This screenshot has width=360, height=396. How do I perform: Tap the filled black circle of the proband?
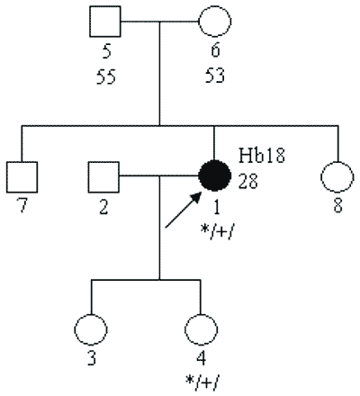tap(215, 175)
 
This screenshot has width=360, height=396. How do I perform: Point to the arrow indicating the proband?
tap(183, 210)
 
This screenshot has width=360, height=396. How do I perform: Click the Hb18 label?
tap(261, 156)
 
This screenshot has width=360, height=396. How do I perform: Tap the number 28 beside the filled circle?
tap(248, 181)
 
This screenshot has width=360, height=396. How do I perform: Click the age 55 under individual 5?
tap(106, 76)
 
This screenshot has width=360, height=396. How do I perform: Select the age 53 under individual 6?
tap(215, 76)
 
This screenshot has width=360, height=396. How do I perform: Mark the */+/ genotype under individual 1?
tap(216, 232)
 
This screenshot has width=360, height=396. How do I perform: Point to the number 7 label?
tap(22, 206)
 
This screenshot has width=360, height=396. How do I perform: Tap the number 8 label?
tap(337, 206)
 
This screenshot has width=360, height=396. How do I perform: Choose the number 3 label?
tap(92, 358)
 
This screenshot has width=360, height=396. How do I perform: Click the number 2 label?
tap(103, 207)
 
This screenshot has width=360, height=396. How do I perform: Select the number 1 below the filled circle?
tap(216, 208)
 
